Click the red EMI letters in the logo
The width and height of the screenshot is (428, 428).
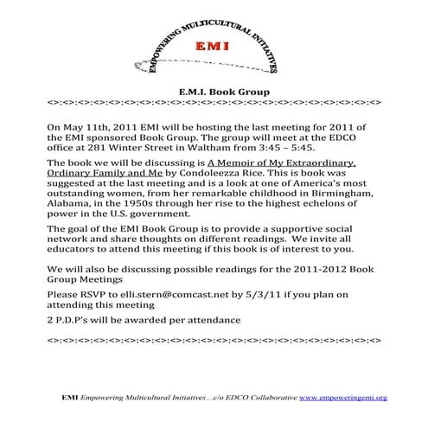(214, 46)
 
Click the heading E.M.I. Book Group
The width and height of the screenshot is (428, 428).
(214, 90)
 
